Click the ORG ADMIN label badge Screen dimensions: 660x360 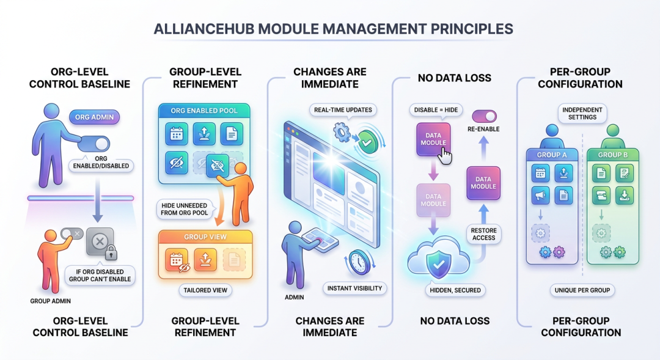coord(94,117)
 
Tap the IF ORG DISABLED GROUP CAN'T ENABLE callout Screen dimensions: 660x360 coord(100,276)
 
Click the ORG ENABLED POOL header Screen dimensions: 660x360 coord(204,111)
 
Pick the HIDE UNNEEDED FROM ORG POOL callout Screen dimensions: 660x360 coord(185,209)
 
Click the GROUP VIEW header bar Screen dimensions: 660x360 coord(205,237)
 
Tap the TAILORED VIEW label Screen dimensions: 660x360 coord(205,290)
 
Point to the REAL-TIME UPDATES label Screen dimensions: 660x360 coord(343,110)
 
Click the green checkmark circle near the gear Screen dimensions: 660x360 coord(367,143)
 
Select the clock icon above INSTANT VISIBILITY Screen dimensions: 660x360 coord(359,262)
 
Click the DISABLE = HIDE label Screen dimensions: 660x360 coord(436,110)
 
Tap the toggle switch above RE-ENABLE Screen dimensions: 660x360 coord(484,116)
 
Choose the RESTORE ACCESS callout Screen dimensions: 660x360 coord(483,234)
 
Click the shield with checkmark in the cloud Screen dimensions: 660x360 coord(439,263)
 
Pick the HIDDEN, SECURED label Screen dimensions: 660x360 coord(455,290)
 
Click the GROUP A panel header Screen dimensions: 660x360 coord(552,155)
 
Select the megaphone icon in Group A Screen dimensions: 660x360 coord(540,196)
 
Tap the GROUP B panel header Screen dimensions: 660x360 coord(613,155)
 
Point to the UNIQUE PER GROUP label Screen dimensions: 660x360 coord(582,290)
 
